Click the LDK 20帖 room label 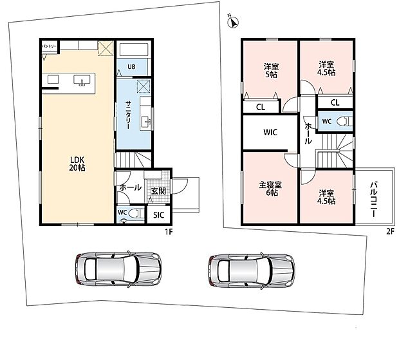77,164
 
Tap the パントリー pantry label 49,46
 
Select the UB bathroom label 131,67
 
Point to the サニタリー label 128,115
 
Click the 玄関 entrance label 158,191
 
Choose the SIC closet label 158,215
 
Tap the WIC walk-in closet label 270,132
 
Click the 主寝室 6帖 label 270,189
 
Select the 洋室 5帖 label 272,71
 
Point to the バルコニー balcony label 373,200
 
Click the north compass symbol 232,22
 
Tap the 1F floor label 169,232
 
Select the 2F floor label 390,232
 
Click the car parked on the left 118,269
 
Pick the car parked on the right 252,270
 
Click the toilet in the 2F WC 345,121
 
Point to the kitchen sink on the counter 82,81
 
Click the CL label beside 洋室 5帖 261,107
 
